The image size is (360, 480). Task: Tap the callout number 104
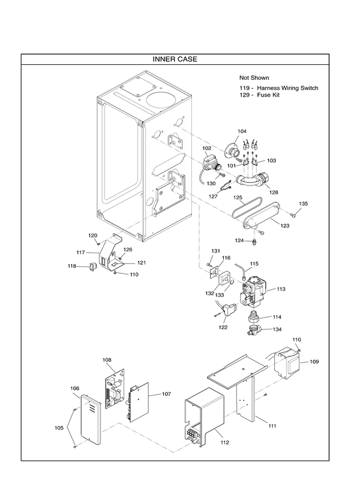pyautogui.click(x=242, y=131)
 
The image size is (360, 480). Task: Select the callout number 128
pyautogui.click(x=274, y=192)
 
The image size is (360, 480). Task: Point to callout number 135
pyautogui.click(x=304, y=204)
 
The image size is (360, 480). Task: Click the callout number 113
pyautogui.click(x=281, y=289)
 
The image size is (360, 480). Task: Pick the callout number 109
pyautogui.click(x=314, y=362)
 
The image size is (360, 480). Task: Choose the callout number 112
pyautogui.click(x=225, y=442)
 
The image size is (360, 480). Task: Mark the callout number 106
pyautogui.click(x=75, y=388)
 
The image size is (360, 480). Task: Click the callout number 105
pyautogui.click(x=59, y=428)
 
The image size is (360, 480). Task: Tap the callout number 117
pyautogui.click(x=80, y=253)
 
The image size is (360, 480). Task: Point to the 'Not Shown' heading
pyautogui.click(x=254, y=78)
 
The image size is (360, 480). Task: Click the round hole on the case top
pyautogui.click(x=161, y=95)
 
